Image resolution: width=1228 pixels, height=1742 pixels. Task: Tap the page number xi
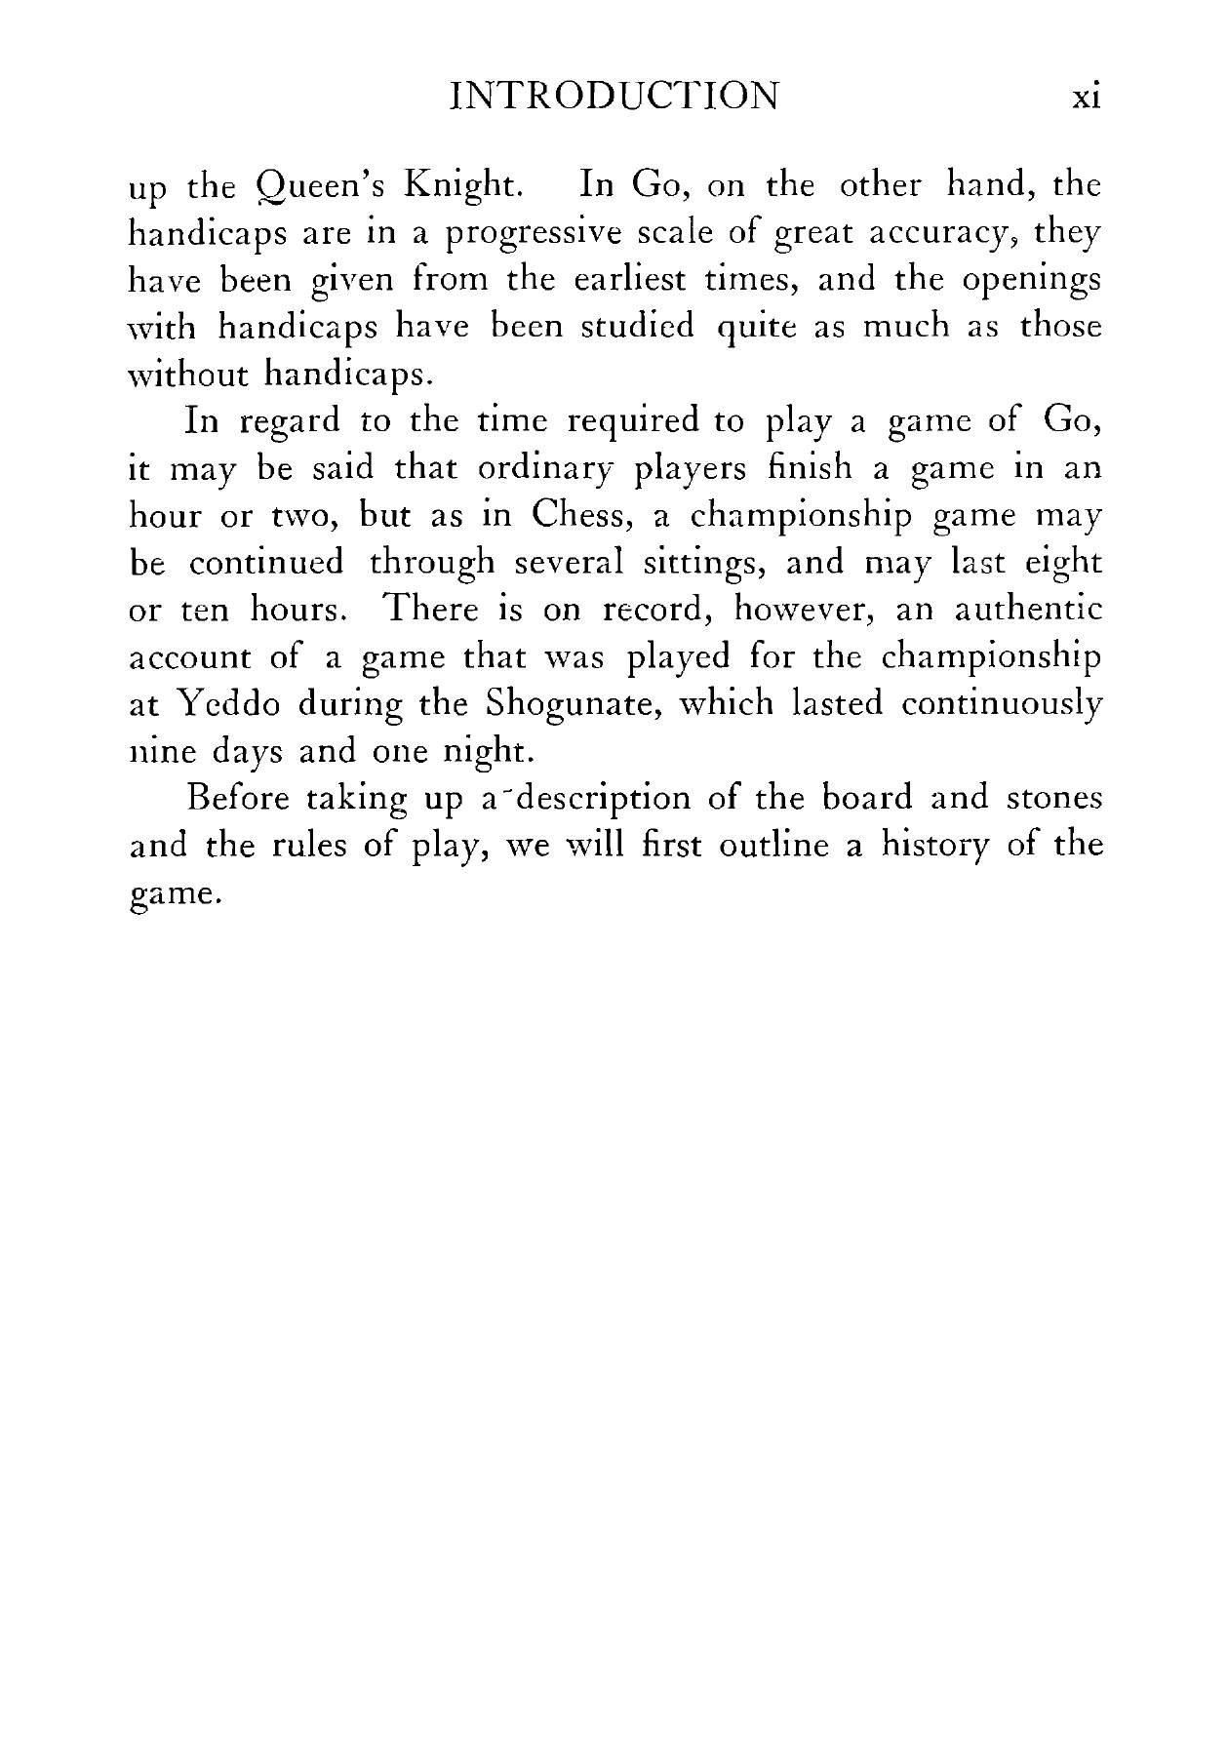click(1086, 98)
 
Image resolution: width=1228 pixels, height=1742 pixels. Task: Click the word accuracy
click(946, 235)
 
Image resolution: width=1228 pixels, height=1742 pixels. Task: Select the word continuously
click(1002, 704)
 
